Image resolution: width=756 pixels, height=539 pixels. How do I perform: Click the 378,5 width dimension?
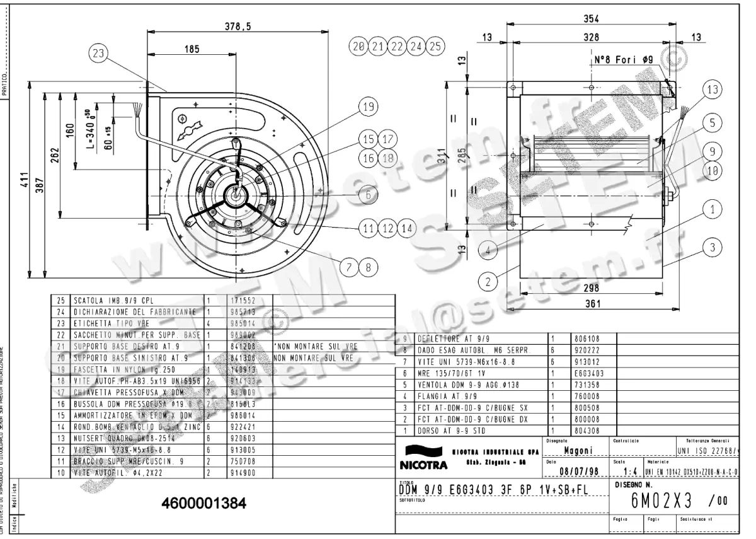(x=238, y=26)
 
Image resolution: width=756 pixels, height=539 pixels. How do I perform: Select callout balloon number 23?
(x=97, y=55)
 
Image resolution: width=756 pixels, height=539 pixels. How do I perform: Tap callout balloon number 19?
(x=369, y=107)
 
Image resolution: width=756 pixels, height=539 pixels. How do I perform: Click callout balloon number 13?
(x=712, y=90)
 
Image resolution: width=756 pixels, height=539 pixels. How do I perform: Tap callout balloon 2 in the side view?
(x=487, y=281)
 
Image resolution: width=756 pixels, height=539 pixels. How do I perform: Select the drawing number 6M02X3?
(x=661, y=501)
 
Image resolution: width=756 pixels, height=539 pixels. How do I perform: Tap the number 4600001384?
(x=204, y=504)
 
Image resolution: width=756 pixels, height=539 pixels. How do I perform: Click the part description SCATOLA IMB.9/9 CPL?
(x=114, y=301)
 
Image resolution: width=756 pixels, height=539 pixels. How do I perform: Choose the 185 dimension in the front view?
(x=193, y=49)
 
